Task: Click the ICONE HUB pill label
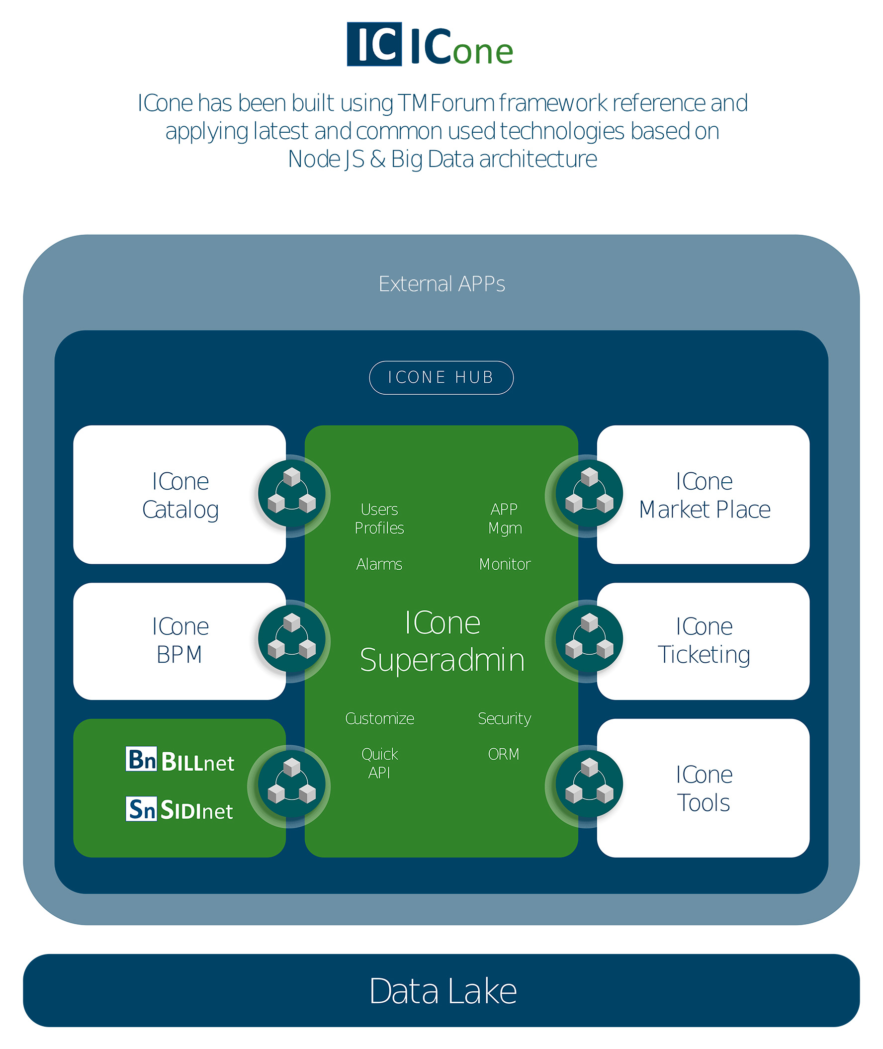pyautogui.click(x=441, y=377)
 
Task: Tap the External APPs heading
pyautogui.click(x=441, y=284)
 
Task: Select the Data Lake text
pyautogui.click(x=442, y=991)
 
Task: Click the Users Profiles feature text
pyautogui.click(x=379, y=519)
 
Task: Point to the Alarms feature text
pyautogui.click(x=379, y=564)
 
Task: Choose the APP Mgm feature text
pyautogui.click(x=505, y=519)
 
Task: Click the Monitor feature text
pyautogui.click(x=505, y=564)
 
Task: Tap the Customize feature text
pyautogui.click(x=379, y=718)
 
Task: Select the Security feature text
pyautogui.click(x=504, y=718)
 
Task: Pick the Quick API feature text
pyautogui.click(x=379, y=763)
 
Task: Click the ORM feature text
pyautogui.click(x=504, y=754)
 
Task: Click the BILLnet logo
pyautogui.click(x=179, y=760)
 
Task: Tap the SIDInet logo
pyautogui.click(x=179, y=809)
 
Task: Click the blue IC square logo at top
pyautogui.click(x=374, y=44)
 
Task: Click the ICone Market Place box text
pyautogui.click(x=704, y=495)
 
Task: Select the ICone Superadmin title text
pyautogui.click(x=442, y=641)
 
